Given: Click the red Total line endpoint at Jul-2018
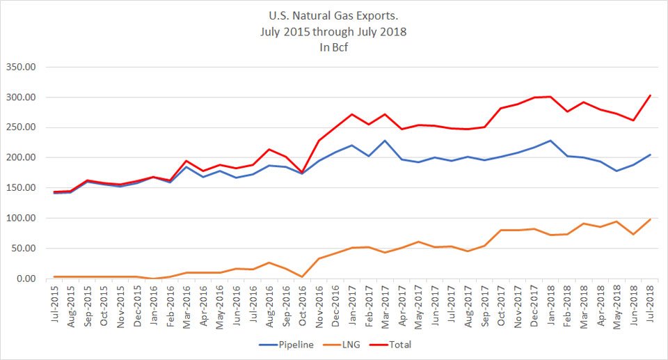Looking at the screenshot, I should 650,95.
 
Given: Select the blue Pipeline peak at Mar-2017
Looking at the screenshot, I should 385,141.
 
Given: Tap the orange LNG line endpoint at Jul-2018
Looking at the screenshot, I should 650,219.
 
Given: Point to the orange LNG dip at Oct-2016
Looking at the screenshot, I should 302,276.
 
